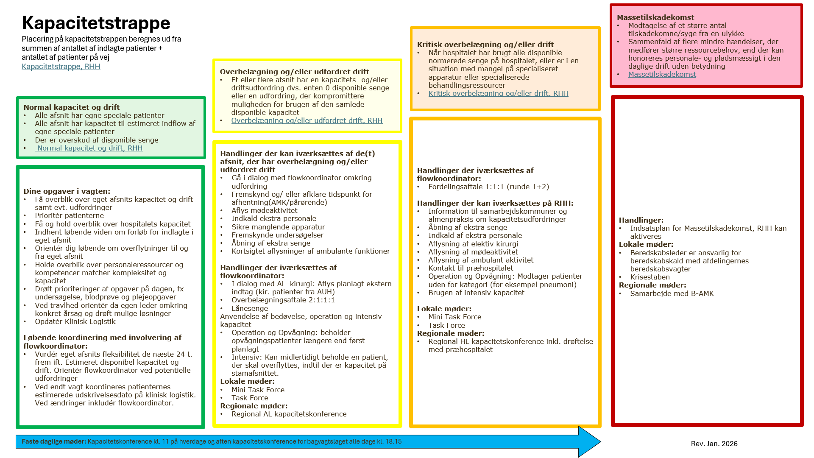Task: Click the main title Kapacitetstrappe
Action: [x=96, y=23]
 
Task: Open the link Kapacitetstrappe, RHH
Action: [x=61, y=67]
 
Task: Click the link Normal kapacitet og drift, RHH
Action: [x=89, y=148]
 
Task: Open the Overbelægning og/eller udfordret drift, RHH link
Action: [x=307, y=120]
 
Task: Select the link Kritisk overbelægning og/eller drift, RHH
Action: [x=498, y=93]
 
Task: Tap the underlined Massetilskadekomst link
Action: [x=662, y=74]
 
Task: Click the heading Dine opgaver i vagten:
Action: [x=67, y=191]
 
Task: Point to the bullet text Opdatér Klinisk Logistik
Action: [x=75, y=321]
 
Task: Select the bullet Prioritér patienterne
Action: [x=69, y=215]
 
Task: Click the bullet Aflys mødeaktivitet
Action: [x=264, y=210]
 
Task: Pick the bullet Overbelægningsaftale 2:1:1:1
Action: [x=283, y=300]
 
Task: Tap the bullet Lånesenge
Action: [x=249, y=308]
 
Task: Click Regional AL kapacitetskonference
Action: [x=289, y=414]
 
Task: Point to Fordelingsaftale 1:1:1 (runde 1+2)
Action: [x=488, y=187]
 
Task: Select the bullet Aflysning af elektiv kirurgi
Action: [x=473, y=244]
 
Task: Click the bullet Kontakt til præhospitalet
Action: [x=471, y=268]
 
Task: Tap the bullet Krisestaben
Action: [x=650, y=277]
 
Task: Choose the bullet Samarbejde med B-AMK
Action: [x=672, y=293]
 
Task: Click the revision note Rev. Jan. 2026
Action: [x=714, y=444]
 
